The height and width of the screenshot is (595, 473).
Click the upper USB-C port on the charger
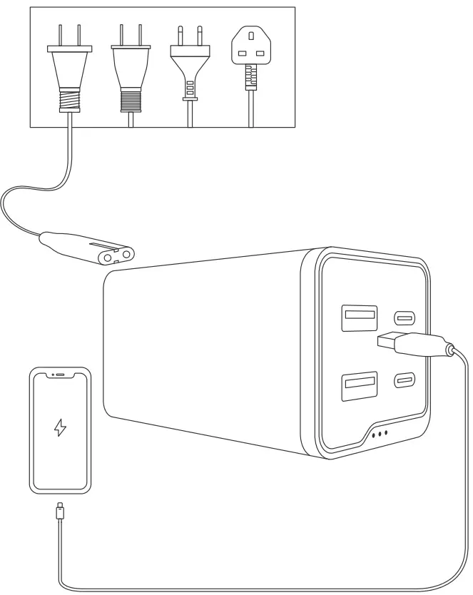(405, 317)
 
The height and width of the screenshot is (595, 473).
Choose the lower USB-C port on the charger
(405, 380)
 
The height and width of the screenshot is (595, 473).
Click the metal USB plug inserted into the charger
(390, 341)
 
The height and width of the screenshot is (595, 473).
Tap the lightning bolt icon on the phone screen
(61, 427)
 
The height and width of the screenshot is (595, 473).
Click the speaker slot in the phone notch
(61, 374)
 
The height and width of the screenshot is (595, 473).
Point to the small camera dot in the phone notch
(51, 374)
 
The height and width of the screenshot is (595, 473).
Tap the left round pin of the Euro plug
(184, 33)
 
